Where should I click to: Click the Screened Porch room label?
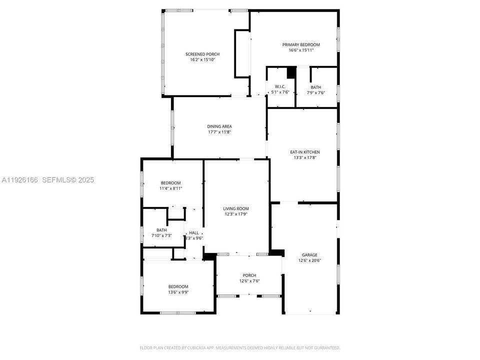(x=202, y=54)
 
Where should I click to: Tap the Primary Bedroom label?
(x=304, y=44)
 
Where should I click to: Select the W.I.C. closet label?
(x=280, y=86)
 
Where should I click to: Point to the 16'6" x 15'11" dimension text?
(x=304, y=50)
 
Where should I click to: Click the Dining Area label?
(x=219, y=126)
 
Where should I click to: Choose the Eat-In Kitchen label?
(x=305, y=152)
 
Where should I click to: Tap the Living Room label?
(x=236, y=208)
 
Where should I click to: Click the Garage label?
(x=309, y=254)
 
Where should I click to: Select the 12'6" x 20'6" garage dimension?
(x=309, y=260)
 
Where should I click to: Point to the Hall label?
(x=194, y=232)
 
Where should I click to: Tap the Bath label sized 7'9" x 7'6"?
(x=315, y=87)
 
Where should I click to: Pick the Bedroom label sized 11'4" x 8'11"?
(x=170, y=182)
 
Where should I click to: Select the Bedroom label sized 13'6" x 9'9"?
(x=178, y=286)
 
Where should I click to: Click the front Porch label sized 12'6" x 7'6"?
(x=249, y=275)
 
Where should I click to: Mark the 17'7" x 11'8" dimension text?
(x=219, y=132)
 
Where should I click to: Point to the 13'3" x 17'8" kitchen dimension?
(x=305, y=157)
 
